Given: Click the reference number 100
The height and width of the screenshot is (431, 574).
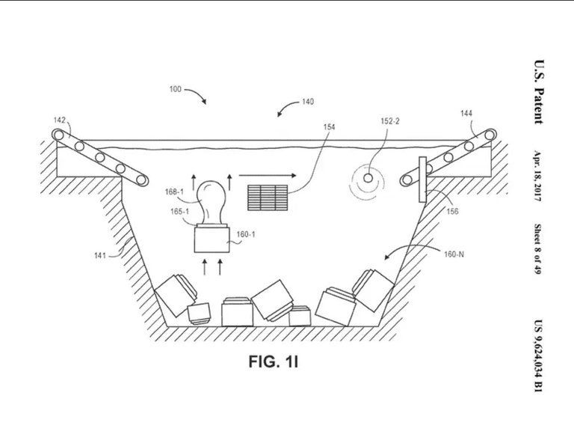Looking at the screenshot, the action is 176,89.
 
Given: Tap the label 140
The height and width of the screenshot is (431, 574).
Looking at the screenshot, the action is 308,102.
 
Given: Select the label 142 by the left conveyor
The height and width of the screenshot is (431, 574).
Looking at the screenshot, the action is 59,120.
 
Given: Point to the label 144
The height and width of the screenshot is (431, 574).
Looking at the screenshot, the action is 466,113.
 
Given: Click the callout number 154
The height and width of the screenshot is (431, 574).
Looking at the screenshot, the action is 329,126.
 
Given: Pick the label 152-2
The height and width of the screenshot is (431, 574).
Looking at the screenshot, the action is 390,121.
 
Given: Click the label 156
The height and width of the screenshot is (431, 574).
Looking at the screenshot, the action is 452,211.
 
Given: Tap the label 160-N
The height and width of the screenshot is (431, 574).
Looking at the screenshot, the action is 454,254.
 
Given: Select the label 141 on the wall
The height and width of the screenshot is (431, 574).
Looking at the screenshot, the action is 100,255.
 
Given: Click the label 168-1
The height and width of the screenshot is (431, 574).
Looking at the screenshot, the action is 174,192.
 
